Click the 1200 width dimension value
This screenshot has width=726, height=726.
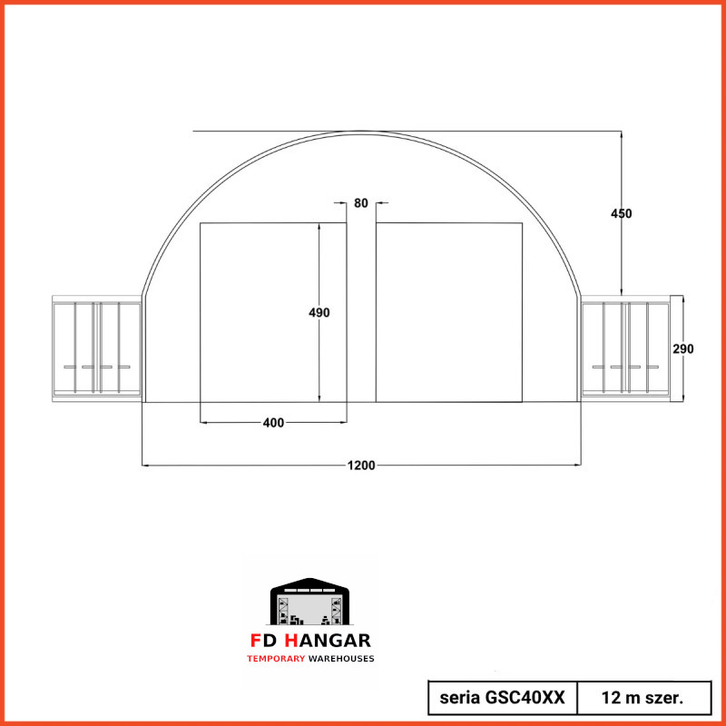point(361,466)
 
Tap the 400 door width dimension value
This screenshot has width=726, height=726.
point(273,423)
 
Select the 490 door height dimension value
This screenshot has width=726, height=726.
point(319,312)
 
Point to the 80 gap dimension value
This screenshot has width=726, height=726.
point(360,203)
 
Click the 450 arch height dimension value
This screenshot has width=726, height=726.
point(621,213)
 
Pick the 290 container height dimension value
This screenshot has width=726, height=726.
point(683,348)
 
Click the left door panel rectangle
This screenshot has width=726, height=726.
point(273,312)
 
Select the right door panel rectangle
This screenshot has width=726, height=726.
point(449,312)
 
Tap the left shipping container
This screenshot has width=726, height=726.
point(97,348)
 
